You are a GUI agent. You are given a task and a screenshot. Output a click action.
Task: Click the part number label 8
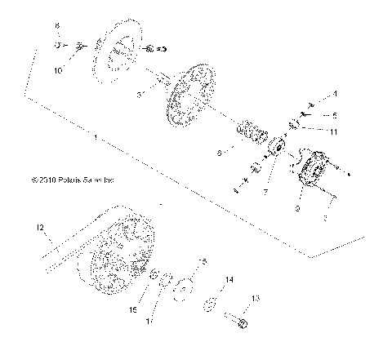pyautogui.click(x=57, y=27)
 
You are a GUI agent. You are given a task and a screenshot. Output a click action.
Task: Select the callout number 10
pyautogui.click(x=57, y=72)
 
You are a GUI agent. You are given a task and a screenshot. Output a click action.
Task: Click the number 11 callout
pyautogui.click(x=333, y=131)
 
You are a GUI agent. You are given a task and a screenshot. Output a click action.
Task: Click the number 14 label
pyautogui.click(x=229, y=279)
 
